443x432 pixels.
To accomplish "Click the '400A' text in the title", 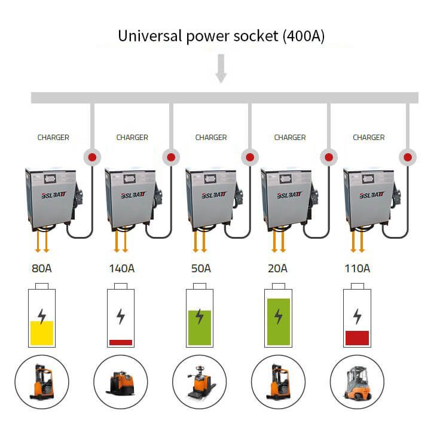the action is coord(304,36).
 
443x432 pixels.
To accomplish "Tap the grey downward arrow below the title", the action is coord(221,68).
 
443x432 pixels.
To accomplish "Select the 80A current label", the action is coord(42,268).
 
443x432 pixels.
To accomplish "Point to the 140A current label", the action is coord(122,268).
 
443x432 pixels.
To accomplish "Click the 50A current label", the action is coord(201,268).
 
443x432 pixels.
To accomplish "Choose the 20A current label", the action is coord(278,268).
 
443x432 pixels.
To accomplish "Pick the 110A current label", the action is coord(357,268).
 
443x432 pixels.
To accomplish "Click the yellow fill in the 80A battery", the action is coord(42,333).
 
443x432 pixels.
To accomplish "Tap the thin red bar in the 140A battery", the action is coord(121,342).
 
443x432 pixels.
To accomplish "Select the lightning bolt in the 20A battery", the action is coord(279,316).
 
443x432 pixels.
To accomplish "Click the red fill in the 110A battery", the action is coord(357,338).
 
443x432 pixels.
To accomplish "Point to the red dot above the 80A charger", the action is coord(93,157).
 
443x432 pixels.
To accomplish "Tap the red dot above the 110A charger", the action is coord(407,157).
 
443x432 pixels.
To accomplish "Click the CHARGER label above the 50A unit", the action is coord(211,138).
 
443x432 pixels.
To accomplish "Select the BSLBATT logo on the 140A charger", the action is coord(133,195).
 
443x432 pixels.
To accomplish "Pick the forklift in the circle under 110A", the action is coord(358,383).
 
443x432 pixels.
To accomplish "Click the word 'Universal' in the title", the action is coord(149,36).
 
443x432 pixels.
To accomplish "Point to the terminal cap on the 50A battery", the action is coord(200,286).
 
